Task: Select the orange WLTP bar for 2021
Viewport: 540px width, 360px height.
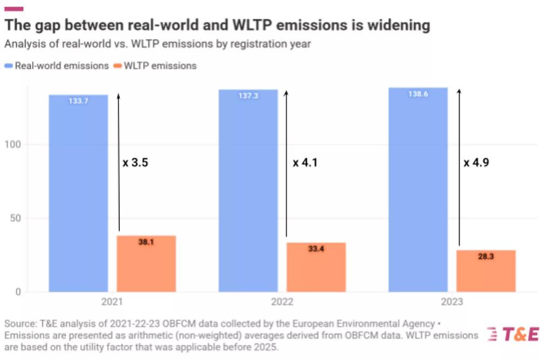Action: coord(146,264)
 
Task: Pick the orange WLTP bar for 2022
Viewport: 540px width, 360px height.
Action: coord(316,267)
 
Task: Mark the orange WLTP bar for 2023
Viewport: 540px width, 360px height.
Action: coord(486,271)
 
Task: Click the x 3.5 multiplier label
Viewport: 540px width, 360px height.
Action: coord(136,162)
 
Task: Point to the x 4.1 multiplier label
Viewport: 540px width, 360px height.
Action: coord(305,162)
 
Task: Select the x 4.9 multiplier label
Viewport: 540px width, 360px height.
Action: coord(477,162)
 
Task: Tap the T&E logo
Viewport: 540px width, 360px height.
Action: coord(513,335)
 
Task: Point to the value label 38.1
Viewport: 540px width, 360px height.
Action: coord(146,242)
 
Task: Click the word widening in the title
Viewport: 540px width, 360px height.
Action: coord(397,25)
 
